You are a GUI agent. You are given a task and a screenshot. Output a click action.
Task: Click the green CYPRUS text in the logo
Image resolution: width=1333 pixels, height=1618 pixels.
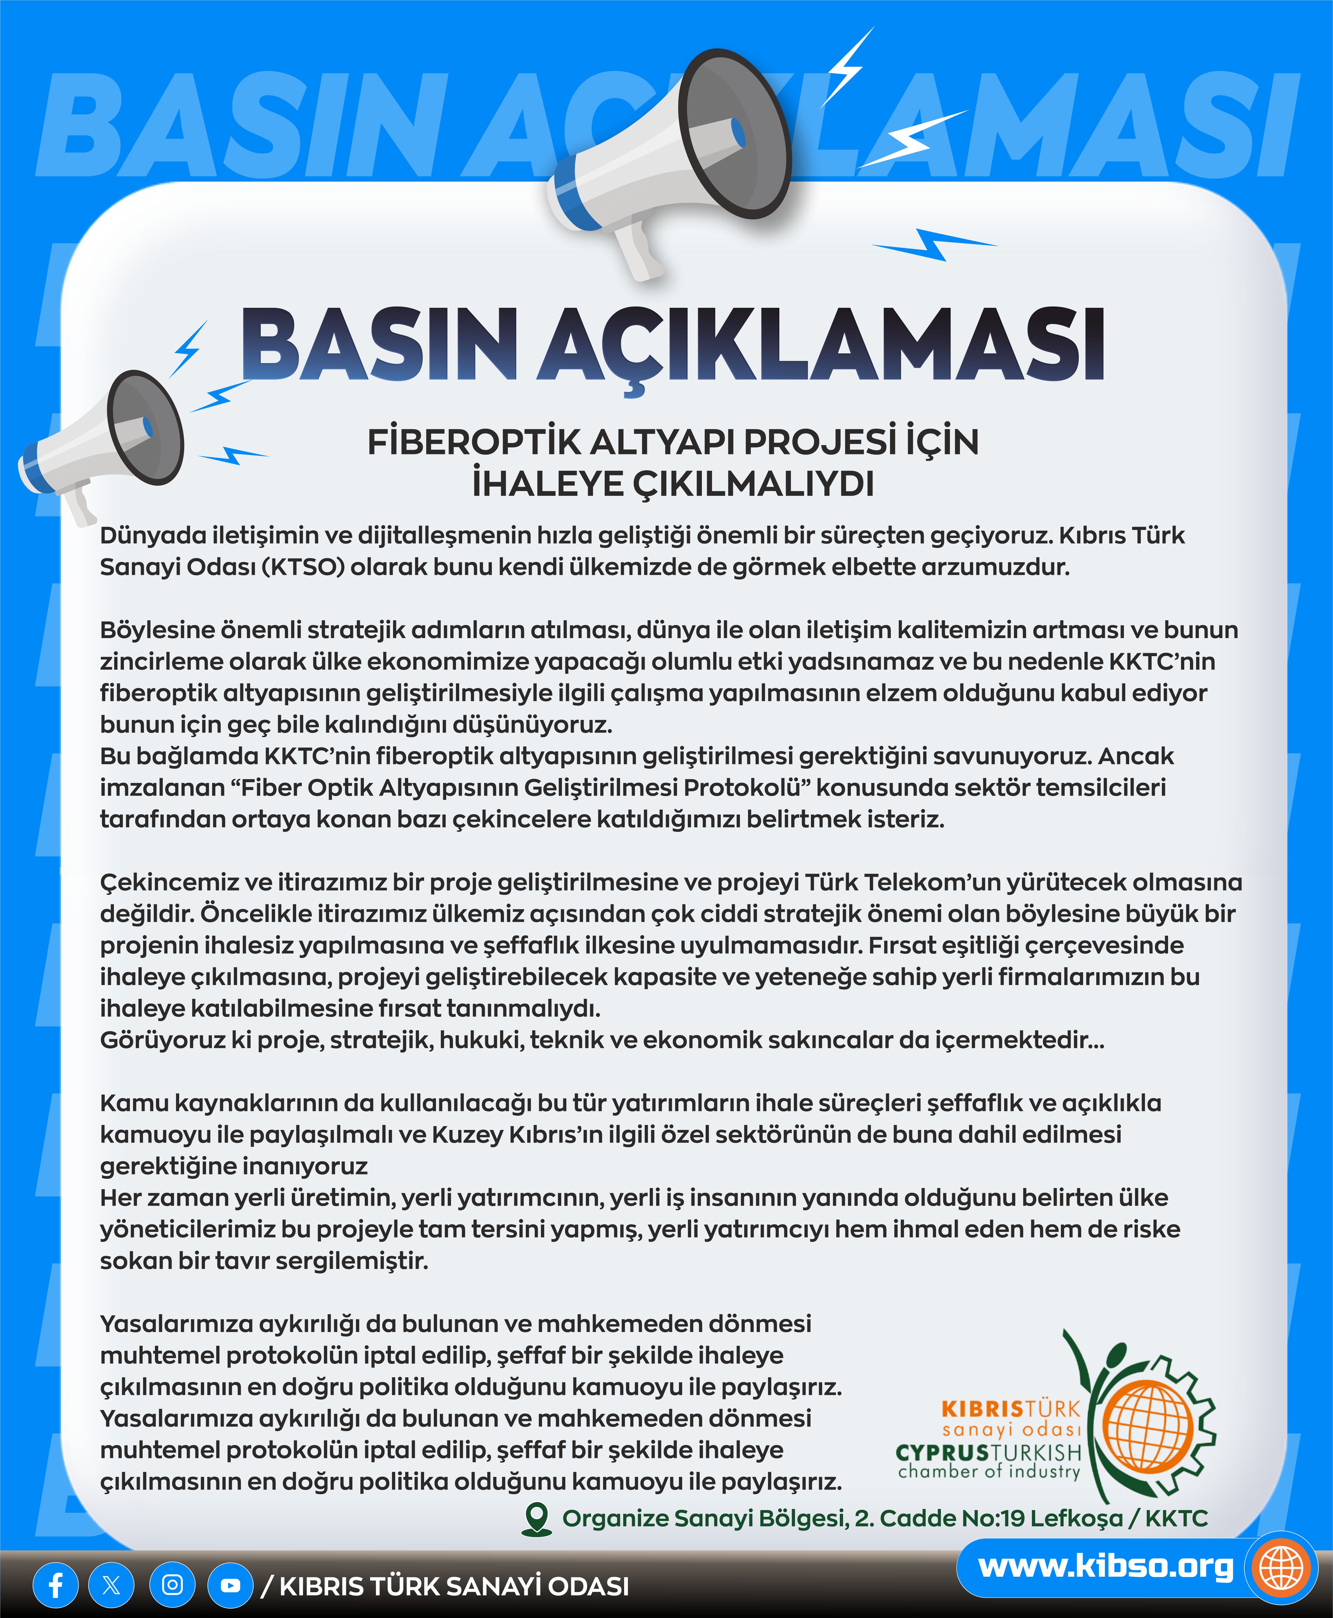942,1452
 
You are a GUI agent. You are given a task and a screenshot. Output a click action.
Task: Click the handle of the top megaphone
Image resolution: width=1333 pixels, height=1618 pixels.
640,250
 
